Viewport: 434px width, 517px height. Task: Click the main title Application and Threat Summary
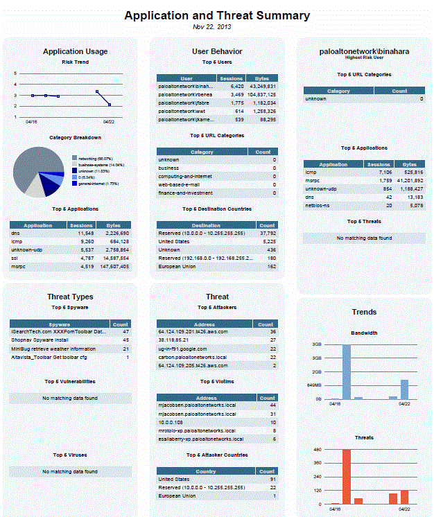click(x=217, y=15)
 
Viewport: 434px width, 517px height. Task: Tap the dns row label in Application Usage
click(x=15, y=234)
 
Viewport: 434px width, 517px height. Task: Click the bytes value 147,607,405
click(x=114, y=266)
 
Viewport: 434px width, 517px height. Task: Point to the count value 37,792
click(x=266, y=234)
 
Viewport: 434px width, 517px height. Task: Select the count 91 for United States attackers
click(x=272, y=479)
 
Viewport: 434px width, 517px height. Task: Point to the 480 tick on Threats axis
click(x=318, y=450)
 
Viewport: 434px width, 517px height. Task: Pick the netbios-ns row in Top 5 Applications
click(x=320, y=205)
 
